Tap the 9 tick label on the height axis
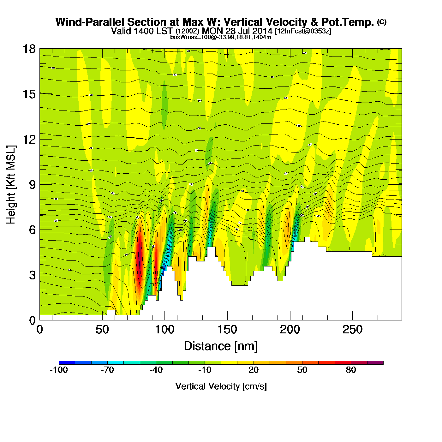click(32, 185)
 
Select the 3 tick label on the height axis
click(32, 275)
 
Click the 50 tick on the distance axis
click(102, 330)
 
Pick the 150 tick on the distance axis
click(227, 330)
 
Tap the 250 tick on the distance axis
click(352, 330)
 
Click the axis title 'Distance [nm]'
click(221, 346)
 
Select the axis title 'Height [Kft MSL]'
click(11, 185)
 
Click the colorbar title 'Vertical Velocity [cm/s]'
click(221, 386)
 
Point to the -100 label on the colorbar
click(59, 370)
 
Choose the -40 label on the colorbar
click(156, 370)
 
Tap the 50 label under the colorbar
click(302, 370)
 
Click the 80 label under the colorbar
click(351, 370)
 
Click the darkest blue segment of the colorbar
click(67, 363)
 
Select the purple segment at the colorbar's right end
click(375, 363)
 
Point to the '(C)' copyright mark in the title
click(382, 22)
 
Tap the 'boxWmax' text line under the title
click(221, 37)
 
